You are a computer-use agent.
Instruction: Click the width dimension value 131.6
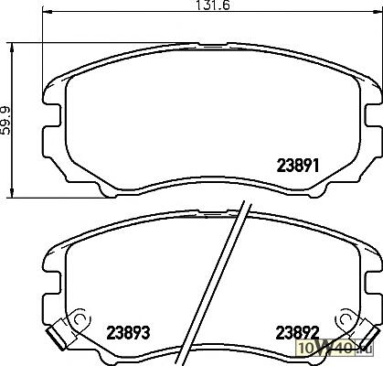211,5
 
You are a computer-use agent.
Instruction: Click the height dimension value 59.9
5,121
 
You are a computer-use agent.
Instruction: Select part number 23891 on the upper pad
298,166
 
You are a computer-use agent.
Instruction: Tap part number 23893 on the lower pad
128,332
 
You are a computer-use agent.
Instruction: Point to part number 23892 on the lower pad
297,332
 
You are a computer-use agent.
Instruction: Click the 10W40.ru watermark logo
335,347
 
